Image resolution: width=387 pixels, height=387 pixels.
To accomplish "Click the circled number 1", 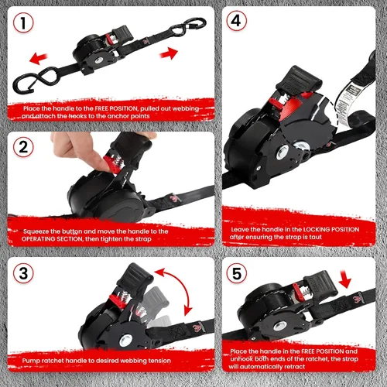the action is [x=23, y=23].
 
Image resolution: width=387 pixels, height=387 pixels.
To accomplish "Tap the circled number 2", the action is [x=23, y=147].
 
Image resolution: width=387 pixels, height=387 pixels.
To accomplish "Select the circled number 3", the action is [x=23, y=273].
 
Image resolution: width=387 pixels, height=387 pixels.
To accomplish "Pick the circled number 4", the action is [x=236, y=21].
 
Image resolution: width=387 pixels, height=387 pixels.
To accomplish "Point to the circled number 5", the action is [x=236, y=273].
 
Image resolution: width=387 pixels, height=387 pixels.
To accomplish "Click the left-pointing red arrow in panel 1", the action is [x=39, y=58].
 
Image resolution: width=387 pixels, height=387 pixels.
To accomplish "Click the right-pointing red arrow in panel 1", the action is [x=169, y=53].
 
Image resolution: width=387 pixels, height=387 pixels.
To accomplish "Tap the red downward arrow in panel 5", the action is [x=345, y=279].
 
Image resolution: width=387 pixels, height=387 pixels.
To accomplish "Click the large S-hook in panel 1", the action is [x=39, y=79].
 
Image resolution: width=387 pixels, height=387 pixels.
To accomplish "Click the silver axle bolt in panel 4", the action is [x=283, y=152].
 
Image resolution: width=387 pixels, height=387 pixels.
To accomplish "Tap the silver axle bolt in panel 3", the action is [x=126, y=341].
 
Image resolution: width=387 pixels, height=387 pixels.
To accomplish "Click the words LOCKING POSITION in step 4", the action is [x=331, y=229].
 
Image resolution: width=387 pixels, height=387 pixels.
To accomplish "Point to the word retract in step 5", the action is [x=295, y=367].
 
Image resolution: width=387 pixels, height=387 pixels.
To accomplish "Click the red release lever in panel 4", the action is [x=276, y=104].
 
